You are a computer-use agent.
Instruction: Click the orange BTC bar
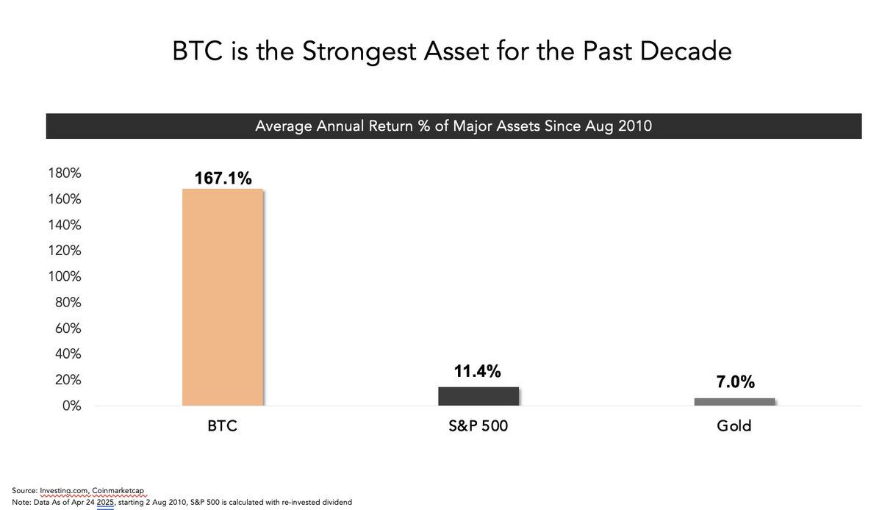(223, 297)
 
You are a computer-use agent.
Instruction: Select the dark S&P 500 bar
(478, 396)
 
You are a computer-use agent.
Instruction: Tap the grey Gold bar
(734, 402)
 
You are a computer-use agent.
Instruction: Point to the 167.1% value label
(223, 178)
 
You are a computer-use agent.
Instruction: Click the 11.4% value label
(477, 371)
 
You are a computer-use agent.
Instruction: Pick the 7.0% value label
(735, 381)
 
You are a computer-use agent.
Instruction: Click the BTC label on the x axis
(222, 425)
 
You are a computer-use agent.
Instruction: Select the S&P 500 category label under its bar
(478, 425)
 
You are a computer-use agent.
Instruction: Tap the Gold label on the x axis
(734, 425)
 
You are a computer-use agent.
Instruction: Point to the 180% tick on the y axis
(65, 173)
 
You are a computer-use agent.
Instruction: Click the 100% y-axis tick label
(65, 276)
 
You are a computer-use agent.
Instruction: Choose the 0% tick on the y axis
(71, 406)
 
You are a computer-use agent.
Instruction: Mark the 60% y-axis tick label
(68, 328)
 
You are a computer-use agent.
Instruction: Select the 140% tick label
(65, 225)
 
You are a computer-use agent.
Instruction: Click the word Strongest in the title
(359, 52)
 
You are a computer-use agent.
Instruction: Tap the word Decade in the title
(686, 51)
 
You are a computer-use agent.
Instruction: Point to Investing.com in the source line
(64, 491)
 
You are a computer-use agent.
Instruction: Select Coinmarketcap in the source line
(118, 491)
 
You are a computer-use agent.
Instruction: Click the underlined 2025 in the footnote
(105, 502)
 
